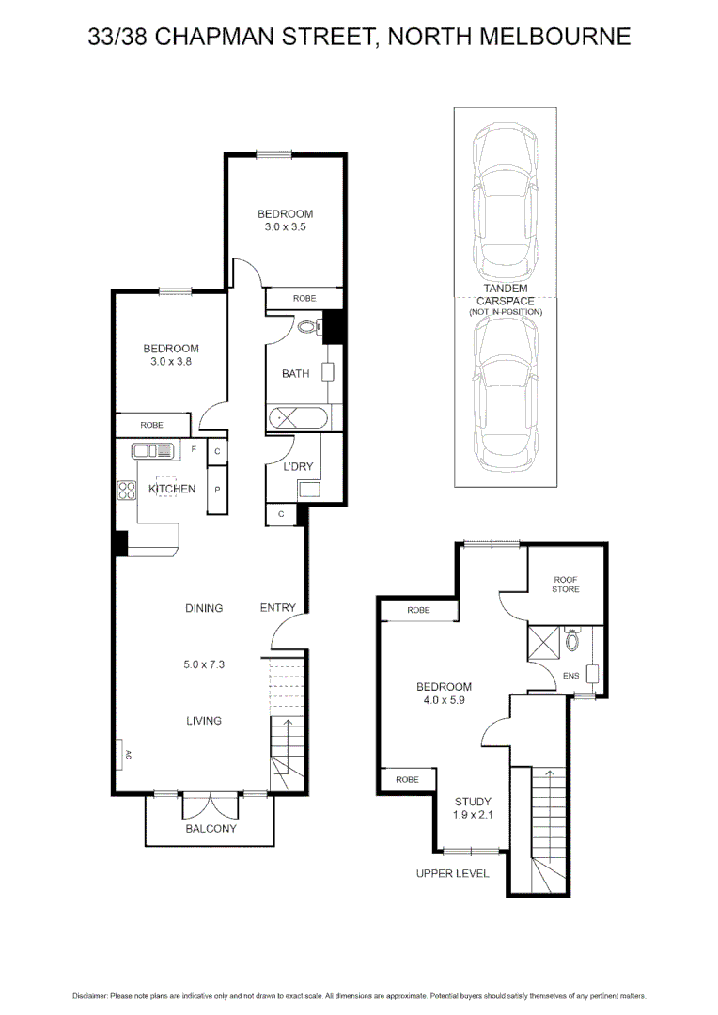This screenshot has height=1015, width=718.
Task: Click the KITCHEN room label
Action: pos(172,489)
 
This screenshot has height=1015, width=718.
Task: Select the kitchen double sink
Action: pos(154,451)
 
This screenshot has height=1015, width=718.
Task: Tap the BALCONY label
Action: pos(211,829)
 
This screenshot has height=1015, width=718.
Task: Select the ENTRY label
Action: pos(277,608)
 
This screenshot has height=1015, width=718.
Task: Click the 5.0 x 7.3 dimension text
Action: pos(204,664)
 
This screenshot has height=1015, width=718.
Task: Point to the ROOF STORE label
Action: pos(566,585)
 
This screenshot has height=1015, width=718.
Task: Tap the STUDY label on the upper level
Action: pos(467,802)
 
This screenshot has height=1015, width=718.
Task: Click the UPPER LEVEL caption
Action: pos(452,873)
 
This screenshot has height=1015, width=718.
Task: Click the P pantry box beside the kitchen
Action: pos(217,490)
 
